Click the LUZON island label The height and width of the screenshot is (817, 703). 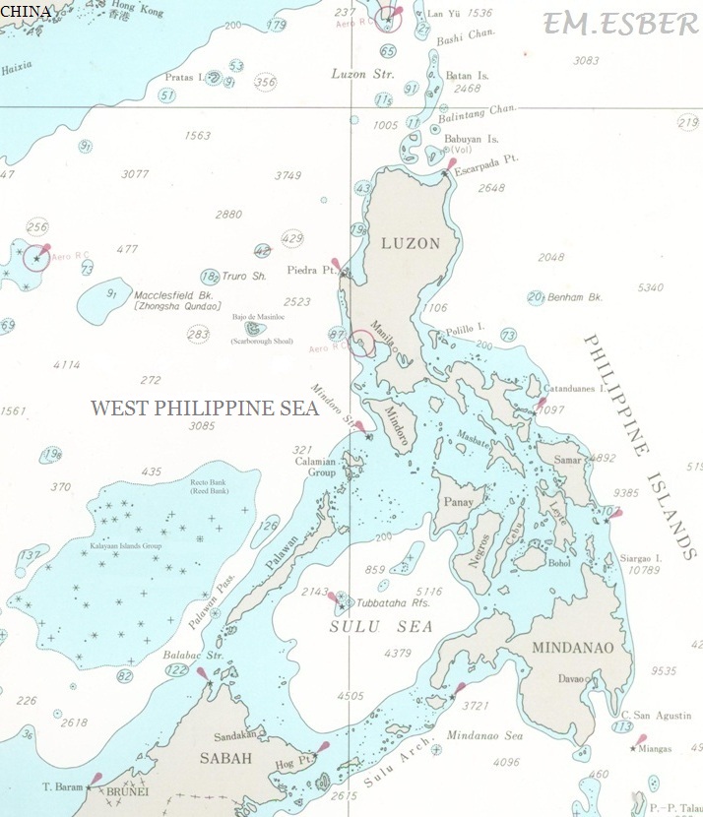click(x=405, y=243)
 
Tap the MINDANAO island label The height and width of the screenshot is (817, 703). click(x=572, y=648)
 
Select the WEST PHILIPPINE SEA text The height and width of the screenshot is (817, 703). click(x=204, y=408)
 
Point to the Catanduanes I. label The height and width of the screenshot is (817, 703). click(x=582, y=390)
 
